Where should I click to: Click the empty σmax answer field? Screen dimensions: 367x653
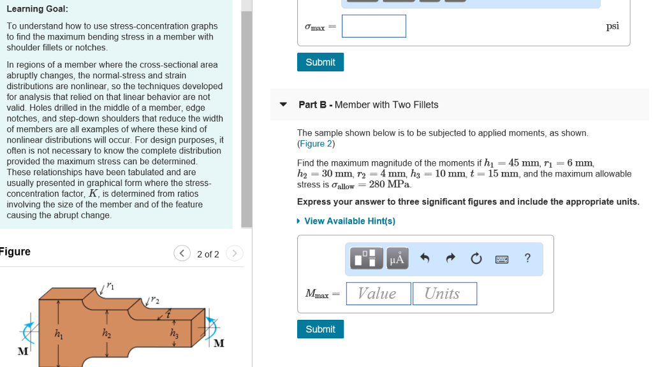pos(374,26)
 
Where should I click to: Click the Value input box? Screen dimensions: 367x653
pos(378,294)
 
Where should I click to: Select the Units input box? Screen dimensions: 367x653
pos(444,294)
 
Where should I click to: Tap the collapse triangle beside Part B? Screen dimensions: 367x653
pos(284,104)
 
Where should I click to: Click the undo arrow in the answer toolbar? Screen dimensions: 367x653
pos(425,259)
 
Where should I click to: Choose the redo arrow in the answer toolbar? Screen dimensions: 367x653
pos(450,259)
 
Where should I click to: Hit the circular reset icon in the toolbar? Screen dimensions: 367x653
pos(476,259)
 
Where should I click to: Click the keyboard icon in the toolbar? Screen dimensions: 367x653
pos(502,259)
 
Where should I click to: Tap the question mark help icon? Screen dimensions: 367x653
pos(527,258)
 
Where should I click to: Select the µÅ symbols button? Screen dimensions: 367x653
pos(397,259)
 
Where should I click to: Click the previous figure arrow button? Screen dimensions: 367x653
pos(182,254)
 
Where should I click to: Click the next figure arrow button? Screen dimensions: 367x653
pos(235,254)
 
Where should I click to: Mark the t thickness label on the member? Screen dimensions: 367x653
pos(168,313)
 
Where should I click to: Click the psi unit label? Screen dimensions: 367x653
pos(612,26)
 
